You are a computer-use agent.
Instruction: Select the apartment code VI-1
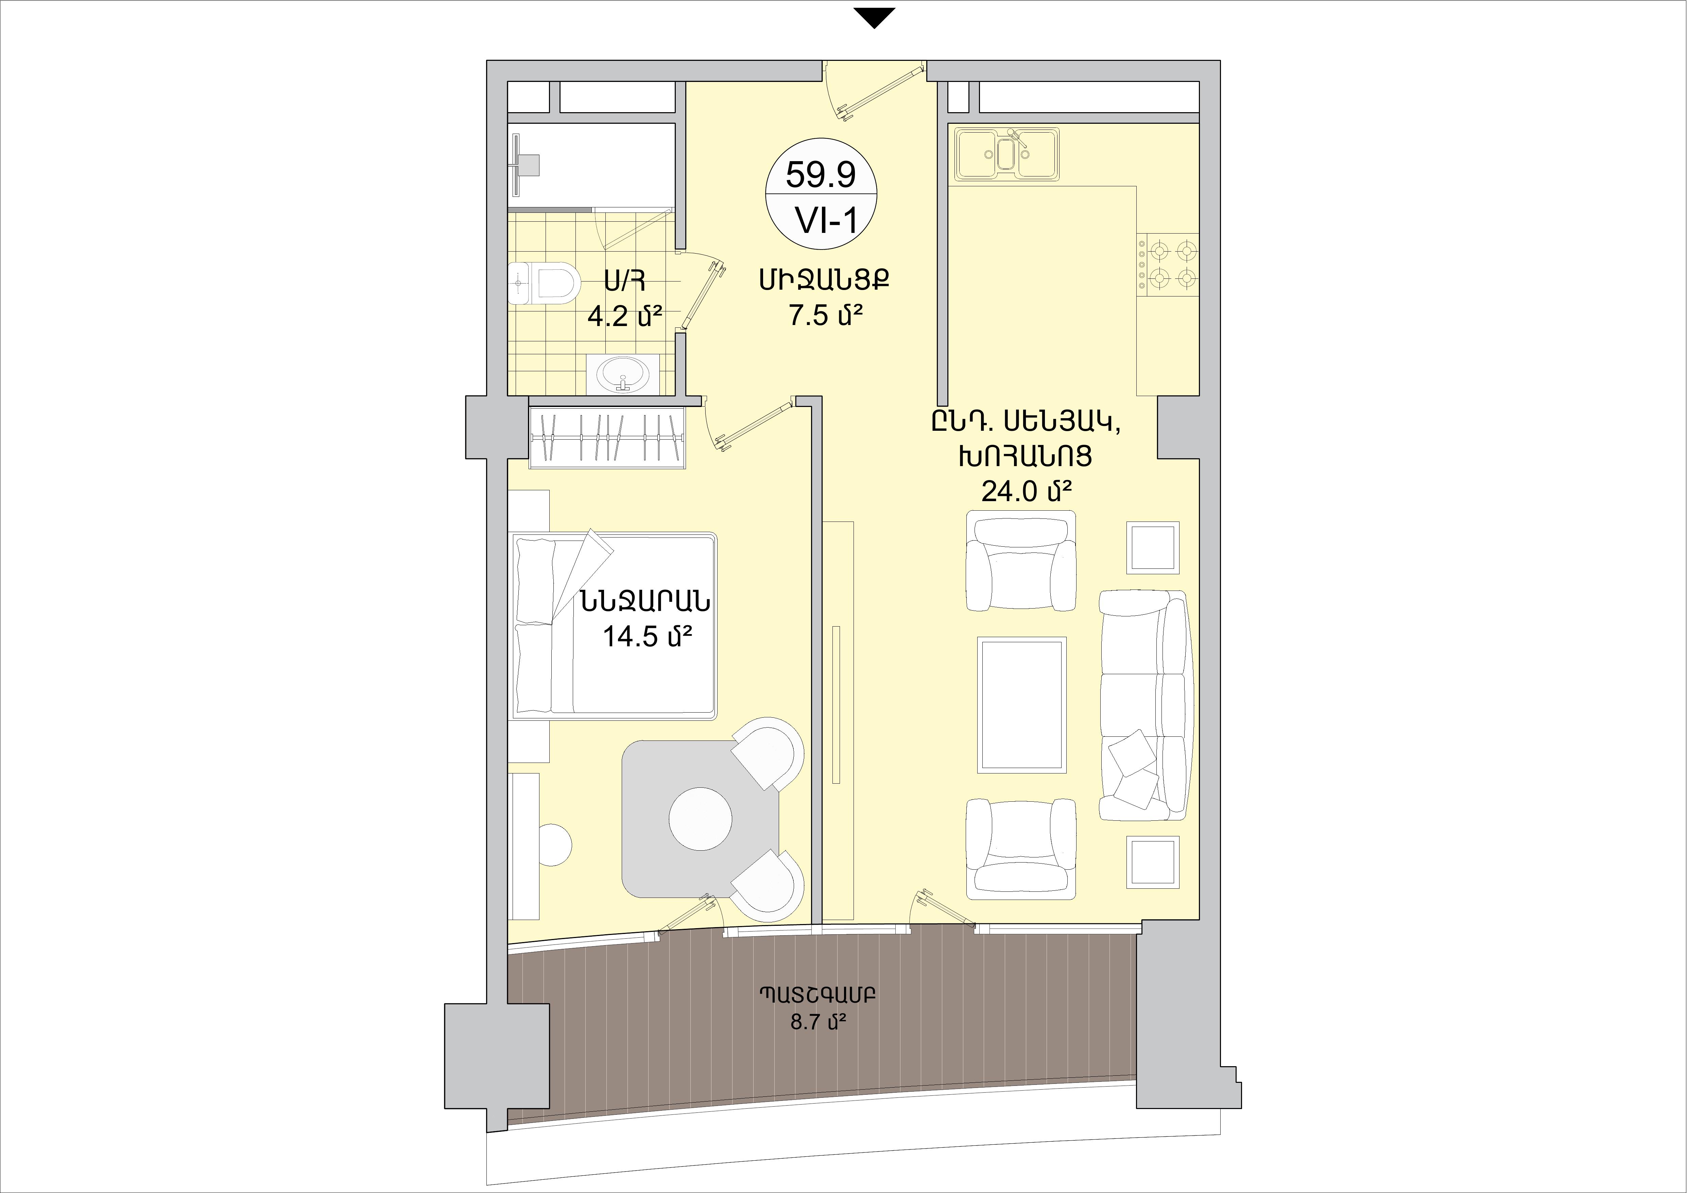pos(827,219)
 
